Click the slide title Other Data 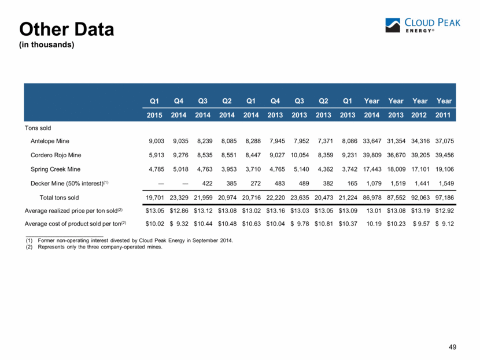(x=66, y=29)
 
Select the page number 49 (x=452, y=347)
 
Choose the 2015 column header (x=154, y=115)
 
